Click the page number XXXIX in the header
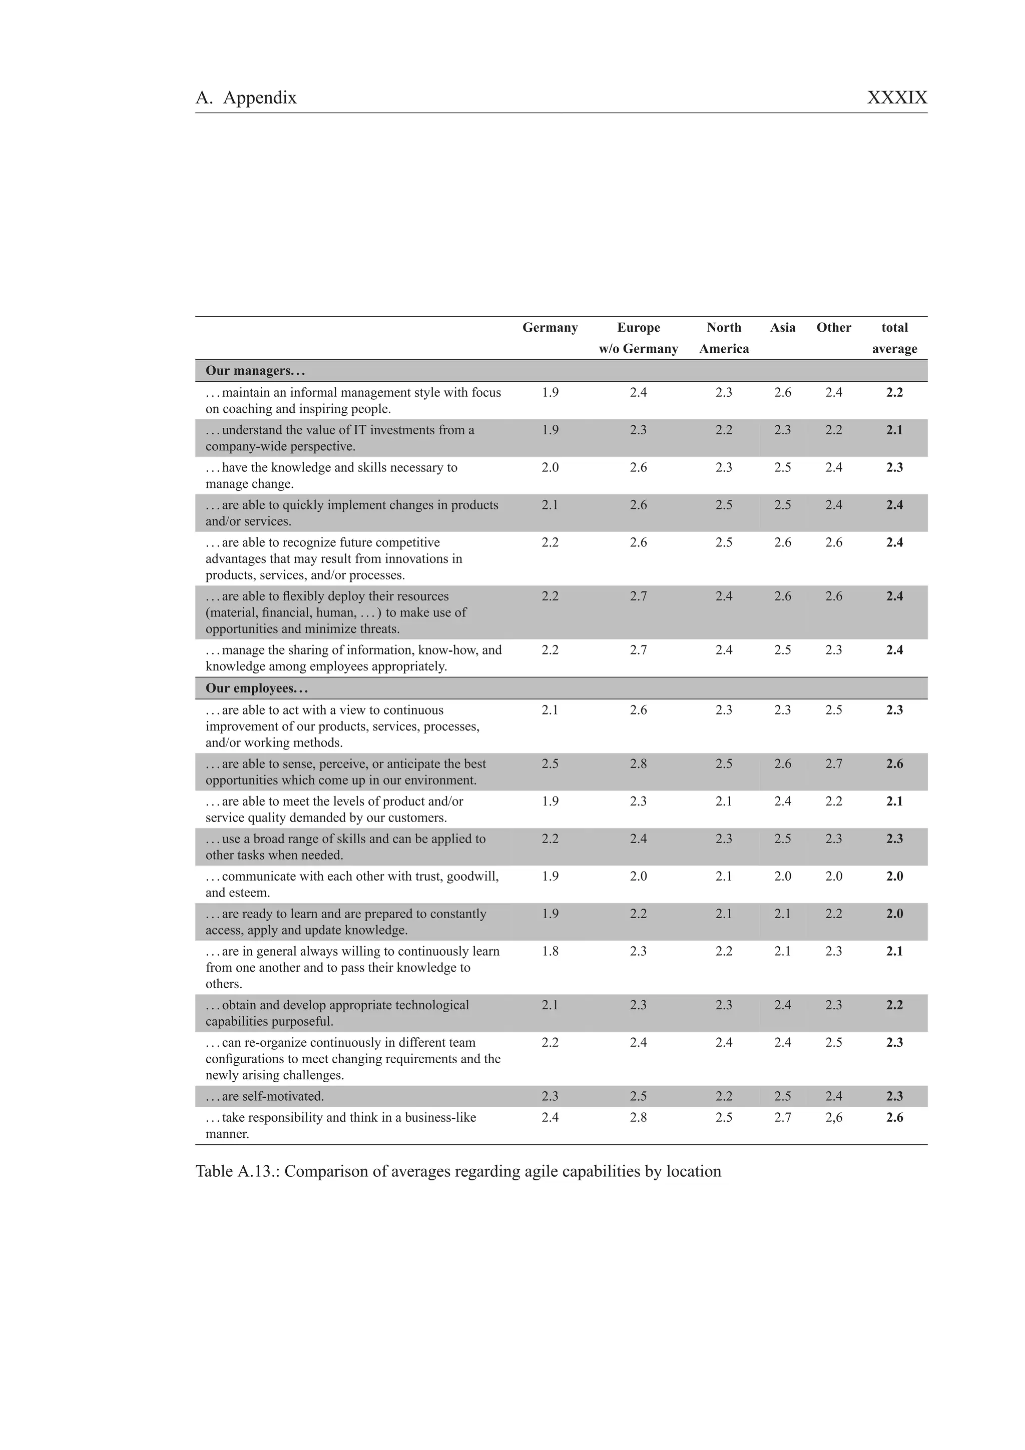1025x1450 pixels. (897, 98)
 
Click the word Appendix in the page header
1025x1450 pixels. (260, 98)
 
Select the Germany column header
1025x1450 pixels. (550, 328)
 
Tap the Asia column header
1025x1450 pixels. (782, 328)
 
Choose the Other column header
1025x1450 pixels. (834, 328)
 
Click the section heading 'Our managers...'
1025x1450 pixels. (255, 371)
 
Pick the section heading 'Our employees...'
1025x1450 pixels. (256, 688)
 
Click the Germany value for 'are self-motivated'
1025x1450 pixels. (550, 1096)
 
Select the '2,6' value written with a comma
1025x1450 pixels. (834, 1117)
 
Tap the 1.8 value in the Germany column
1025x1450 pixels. (550, 951)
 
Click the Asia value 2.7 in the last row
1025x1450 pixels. (782, 1117)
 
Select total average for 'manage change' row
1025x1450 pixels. (894, 467)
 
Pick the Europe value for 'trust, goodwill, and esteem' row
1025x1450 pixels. (638, 876)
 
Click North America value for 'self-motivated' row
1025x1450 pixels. (724, 1096)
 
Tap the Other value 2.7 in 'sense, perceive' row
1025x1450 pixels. (834, 764)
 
